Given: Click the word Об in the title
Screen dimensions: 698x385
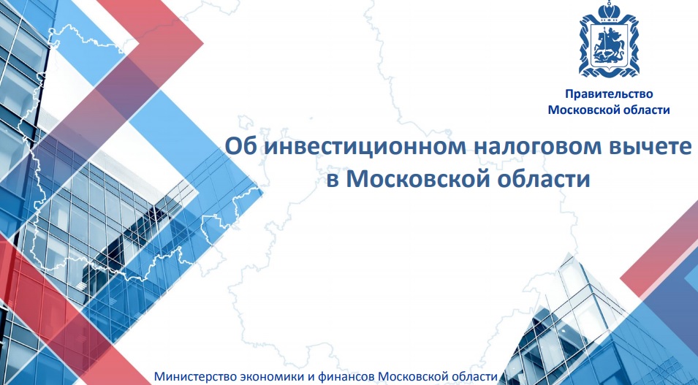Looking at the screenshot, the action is pos(240,147).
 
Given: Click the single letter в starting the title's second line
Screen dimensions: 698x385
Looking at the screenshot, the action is pos(333,180).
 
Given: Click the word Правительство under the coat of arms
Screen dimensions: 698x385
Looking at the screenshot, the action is pos(609,94).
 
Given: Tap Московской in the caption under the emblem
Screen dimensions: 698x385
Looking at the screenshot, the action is pos(581,110).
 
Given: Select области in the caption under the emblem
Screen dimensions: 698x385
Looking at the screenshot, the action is pos(644,110).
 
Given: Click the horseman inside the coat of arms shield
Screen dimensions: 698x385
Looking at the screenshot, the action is pos(608,46).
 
